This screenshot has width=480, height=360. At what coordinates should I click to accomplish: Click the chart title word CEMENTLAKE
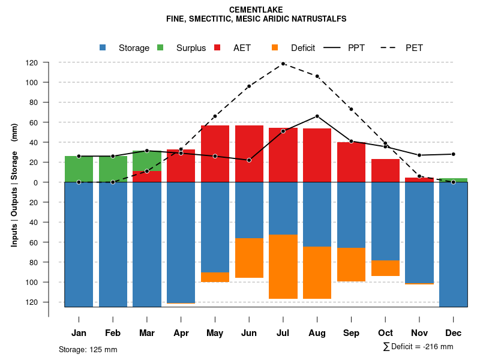[256, 10]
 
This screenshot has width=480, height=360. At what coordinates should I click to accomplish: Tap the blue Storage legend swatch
[103, 47]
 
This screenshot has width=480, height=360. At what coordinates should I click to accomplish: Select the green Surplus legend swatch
[160, 47]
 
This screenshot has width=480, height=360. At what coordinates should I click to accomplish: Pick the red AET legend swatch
[218, 47]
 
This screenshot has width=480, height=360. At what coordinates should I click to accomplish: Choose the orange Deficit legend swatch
[275, 47]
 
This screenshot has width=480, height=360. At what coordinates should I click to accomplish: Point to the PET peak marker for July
[283, 64]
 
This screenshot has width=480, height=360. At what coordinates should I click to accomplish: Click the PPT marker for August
[317, 116]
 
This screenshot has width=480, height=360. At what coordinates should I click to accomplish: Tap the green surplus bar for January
[79, 169]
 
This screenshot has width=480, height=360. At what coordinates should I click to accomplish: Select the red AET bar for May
[215, 154]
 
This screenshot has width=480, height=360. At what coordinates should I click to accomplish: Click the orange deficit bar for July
[283, 266]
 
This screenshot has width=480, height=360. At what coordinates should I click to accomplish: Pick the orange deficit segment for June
[249, 258]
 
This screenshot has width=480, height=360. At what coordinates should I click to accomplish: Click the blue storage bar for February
[113, 244]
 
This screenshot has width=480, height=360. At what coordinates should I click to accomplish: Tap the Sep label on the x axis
[351, 333]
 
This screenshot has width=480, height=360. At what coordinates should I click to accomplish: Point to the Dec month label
[453, 333]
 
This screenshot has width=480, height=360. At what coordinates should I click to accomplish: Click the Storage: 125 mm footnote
[88, 349]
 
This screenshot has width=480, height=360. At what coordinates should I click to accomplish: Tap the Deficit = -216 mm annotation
[418, 347]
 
